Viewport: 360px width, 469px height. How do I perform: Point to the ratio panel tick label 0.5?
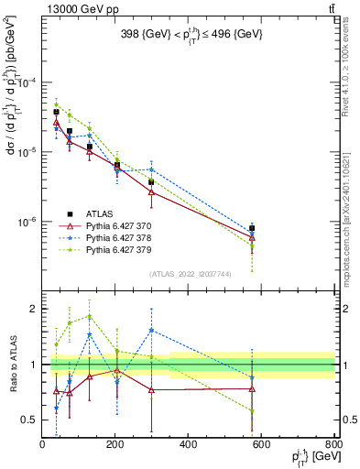(x=29, y=420)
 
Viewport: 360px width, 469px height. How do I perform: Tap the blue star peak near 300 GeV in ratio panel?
(x=151, y=330)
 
